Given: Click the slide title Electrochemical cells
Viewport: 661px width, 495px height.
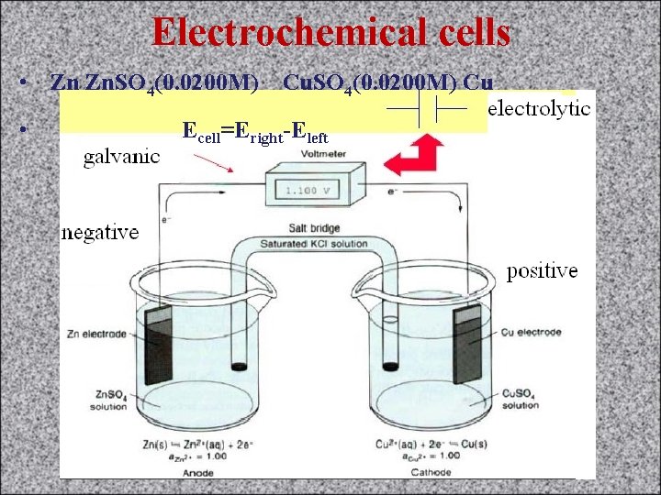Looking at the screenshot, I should click(330, 32).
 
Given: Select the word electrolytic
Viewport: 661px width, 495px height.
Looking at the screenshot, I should click(539, 108).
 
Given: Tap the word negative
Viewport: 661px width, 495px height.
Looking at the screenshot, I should click(100, 233).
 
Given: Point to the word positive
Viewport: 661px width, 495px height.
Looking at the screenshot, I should click(543, 271).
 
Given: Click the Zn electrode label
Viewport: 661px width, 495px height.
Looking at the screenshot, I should click(95, 334).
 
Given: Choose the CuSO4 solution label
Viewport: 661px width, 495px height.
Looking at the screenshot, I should click(521, 399).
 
